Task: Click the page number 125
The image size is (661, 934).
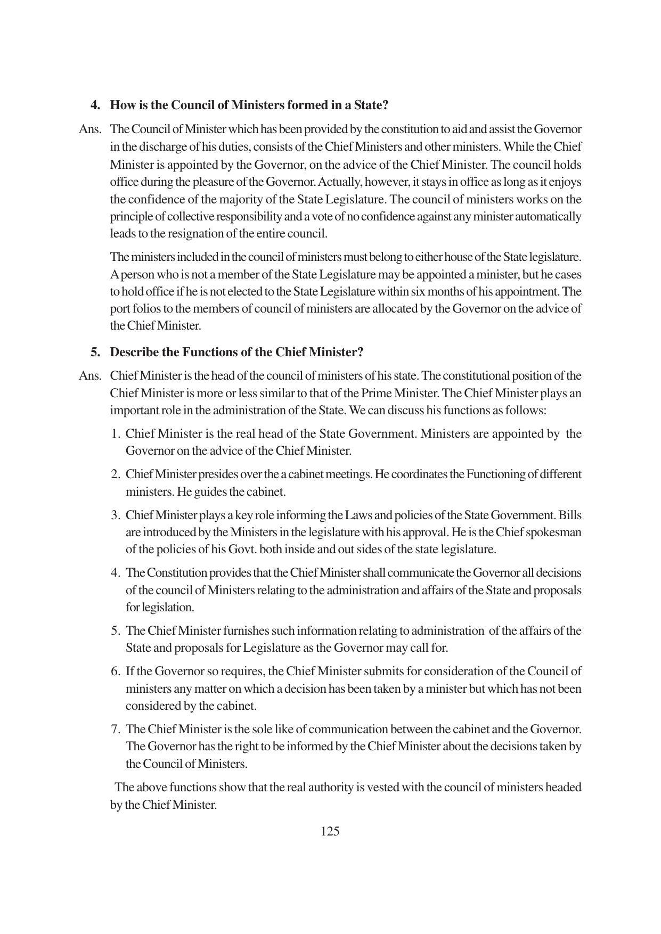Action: click(x=330, y=831)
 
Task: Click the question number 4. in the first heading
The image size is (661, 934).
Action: click(x=95, y=105)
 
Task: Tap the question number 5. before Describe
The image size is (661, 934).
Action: click(x=95, y=352)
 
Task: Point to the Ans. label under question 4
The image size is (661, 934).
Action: click(x=90, y=129)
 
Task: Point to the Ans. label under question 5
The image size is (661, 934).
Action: click(x=90, y=376)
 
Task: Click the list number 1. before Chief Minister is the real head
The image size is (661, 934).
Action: click(x=116, y=433)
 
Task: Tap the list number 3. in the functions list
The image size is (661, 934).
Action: click(x=116, y=515)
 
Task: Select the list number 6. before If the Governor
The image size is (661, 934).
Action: click(x=116, y=671)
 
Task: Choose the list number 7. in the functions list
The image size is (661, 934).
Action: click(x=116, y=729)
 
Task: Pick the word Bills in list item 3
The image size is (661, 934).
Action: click(x=570, y=515)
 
